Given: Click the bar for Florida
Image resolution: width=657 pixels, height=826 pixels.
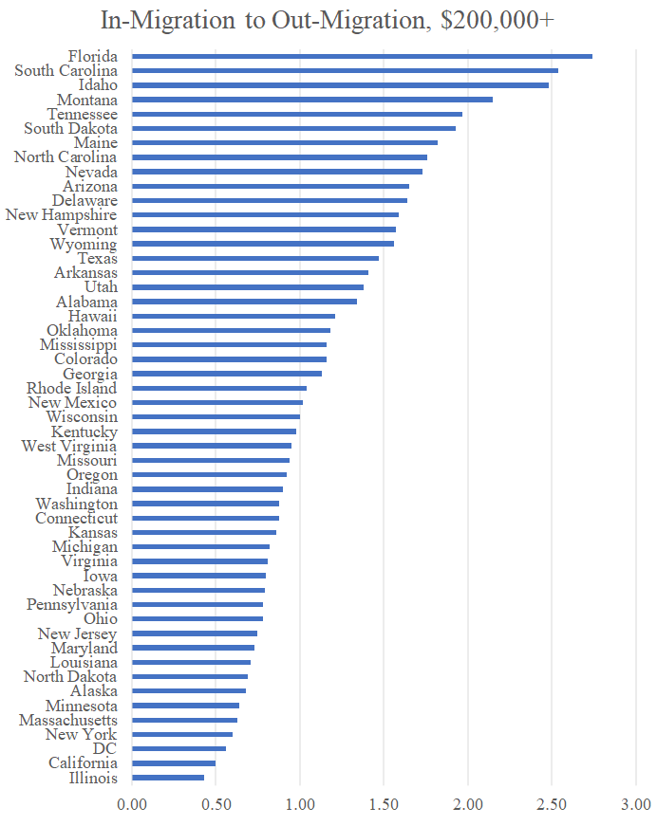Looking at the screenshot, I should click(x=362, y=56).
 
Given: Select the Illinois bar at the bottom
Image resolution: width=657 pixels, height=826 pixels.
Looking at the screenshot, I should click(x=168, y=778).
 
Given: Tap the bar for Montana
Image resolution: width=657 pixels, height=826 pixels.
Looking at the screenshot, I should click(x=312, y=100).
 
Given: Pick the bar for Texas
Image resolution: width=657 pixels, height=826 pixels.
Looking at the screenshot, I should click(x=255, y=258).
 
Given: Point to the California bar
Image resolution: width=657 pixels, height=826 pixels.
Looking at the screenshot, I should click(x=174, y=763).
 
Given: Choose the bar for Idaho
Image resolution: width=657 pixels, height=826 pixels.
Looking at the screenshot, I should click(x=340, y=85).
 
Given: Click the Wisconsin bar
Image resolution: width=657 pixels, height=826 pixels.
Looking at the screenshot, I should click(x=216, y=416).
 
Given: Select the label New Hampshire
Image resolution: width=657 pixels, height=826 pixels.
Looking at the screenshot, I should click(x=62, y=215).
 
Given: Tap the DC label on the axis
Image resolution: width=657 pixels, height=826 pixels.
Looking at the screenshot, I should click(x=104, y=749).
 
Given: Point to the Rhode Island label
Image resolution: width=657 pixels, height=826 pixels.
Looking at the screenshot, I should click(x=72, y=388).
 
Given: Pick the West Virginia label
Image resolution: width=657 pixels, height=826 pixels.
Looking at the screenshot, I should click(x=69, y=446).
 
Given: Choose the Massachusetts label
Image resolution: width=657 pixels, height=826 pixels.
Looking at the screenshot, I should click(x=68, y=721).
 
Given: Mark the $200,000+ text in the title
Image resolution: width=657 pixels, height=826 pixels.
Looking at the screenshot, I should click(x=498, y=21).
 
